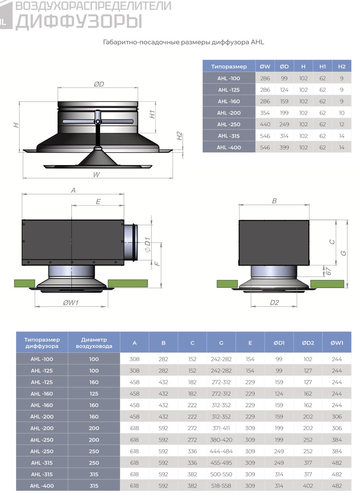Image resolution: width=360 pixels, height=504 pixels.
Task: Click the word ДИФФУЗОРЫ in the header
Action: pos(79,22)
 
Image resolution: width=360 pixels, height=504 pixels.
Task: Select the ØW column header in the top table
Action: pos(265,66)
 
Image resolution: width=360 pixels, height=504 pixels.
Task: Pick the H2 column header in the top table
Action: pos(342,66)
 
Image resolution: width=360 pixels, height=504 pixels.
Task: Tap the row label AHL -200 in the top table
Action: pos(229,113)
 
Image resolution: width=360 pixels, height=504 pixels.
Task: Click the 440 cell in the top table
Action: pos(265,124)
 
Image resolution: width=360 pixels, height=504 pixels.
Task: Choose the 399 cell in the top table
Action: pos(284,147)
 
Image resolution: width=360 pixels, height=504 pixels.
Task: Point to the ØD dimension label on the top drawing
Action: pos(99,84)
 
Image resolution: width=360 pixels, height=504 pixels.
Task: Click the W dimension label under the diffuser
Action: pos(97,174)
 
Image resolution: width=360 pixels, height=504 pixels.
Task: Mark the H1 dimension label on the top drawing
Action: pos(152,114)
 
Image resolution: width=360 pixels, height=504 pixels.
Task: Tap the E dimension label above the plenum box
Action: pos(98,201)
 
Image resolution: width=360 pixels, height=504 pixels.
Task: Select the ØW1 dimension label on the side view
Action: pos(71,303)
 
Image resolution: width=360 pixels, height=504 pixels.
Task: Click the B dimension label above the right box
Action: pos(274,201)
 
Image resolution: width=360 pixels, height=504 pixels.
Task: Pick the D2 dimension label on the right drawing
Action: pos(274,303)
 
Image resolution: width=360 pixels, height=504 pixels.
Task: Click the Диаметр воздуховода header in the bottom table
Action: pos(94,343)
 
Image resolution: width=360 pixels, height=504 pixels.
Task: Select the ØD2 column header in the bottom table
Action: pos(308,343)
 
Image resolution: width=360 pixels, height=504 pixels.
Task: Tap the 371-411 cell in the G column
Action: pos(221,428)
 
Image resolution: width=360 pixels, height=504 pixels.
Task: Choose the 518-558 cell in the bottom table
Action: pos(221,486)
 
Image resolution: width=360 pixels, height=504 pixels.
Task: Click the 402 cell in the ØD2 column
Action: pos(308,486)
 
